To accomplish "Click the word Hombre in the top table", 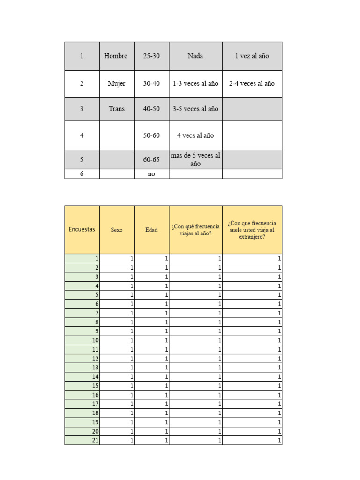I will tap(116, 56).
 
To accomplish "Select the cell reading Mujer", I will tap(117, 83).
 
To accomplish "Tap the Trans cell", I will tap(117, 109).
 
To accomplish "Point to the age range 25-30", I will tap(151, 56).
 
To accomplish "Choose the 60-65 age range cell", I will tap(151, 159).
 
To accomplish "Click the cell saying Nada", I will tap(195, 56).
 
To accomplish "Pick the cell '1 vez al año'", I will tap(252, 56).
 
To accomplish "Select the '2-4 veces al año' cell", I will tap(252, 83).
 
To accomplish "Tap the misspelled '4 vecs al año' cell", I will tap(195, 135).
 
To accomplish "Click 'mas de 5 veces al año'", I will tap(195, 159).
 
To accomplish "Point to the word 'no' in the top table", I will tap(151, 174).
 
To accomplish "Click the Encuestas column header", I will tap(82, 229).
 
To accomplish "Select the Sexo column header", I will tap(117, 230).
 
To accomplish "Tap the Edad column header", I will tap(151, 230).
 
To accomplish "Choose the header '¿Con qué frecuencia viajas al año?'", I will tap(195, 230).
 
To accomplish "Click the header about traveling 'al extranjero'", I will tap(252, 230).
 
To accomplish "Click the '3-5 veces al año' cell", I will tap(195, 109).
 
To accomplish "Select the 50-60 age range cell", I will tap(151, 135).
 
